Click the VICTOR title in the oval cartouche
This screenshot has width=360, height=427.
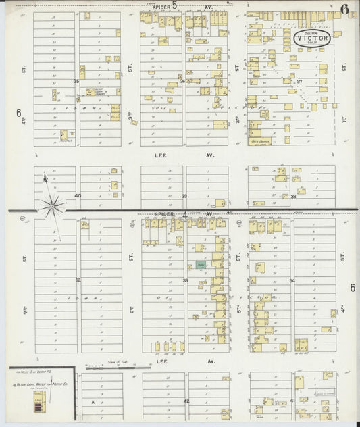tap(311, 39)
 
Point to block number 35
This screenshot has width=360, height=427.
tap(77, 82)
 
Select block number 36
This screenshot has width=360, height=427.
tap(183, 82)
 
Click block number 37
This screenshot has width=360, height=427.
tap(291, 81)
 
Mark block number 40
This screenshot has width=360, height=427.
tap(78, 195)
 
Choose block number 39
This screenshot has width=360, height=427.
tap(184, 195)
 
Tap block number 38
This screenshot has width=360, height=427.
tap(293, 196)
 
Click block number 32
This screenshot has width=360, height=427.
tap(78, 280)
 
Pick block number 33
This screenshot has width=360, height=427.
tap(185, 280)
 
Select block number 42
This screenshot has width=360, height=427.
tap(186, 401)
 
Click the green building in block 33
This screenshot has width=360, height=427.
tap(201, 266)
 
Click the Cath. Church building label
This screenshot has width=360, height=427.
tap(260, 141)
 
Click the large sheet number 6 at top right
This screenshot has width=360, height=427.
tap(344, 9)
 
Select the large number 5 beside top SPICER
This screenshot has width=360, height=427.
tap(174, 5)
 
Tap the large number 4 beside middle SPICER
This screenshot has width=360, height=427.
tap(185, 214)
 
